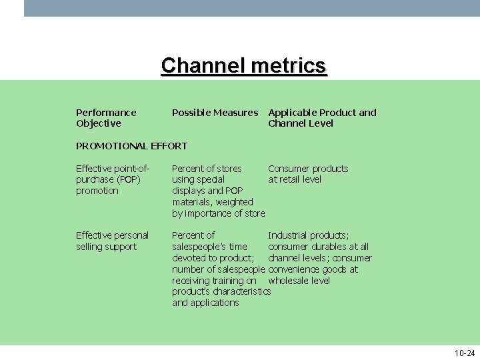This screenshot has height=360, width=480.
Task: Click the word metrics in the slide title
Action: point(287,65)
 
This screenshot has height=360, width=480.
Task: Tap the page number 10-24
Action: point(464,353)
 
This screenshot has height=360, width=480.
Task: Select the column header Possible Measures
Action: point(215,113)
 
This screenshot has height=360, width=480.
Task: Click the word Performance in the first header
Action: point(106,113)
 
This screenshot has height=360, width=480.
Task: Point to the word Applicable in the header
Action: point(292,113)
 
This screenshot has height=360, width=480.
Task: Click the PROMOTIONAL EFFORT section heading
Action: point(131,146)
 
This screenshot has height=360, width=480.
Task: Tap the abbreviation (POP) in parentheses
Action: point(129,179)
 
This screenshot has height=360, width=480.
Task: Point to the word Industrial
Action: point(290,235)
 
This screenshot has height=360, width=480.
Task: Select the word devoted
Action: point(190,258)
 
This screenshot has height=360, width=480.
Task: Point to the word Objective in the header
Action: point(99,123)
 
